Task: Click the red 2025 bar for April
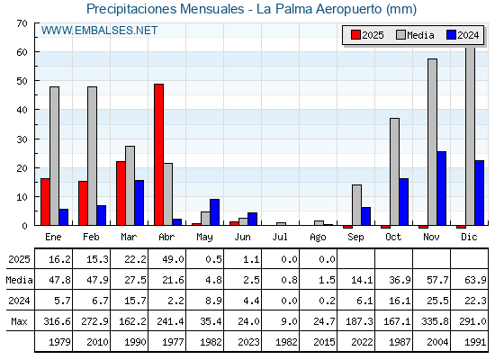click(x=158, y=155)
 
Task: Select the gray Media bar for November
click(x=432, y=142)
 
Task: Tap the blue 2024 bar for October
click(x=404, y=202)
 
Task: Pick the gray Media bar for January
click(x=54, y=156)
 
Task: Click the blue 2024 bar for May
click(x=215, y=212)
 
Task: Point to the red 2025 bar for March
click(x=121, y=193)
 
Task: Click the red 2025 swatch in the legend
click(x=355, y=35)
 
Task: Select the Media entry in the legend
click(x=415, y=35)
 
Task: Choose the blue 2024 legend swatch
click(x=451, y=35)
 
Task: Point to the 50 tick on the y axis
click(x=22, y=81)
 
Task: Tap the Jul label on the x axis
click(x=280, y=237)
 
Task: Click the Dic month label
click(x=469, y=237)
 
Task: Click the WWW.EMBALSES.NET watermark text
click(x=99, y=31)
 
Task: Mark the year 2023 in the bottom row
click(x=248, y=342)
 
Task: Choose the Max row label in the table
click(x=19, y=321)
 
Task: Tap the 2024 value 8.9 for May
click(x=213, y=301)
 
